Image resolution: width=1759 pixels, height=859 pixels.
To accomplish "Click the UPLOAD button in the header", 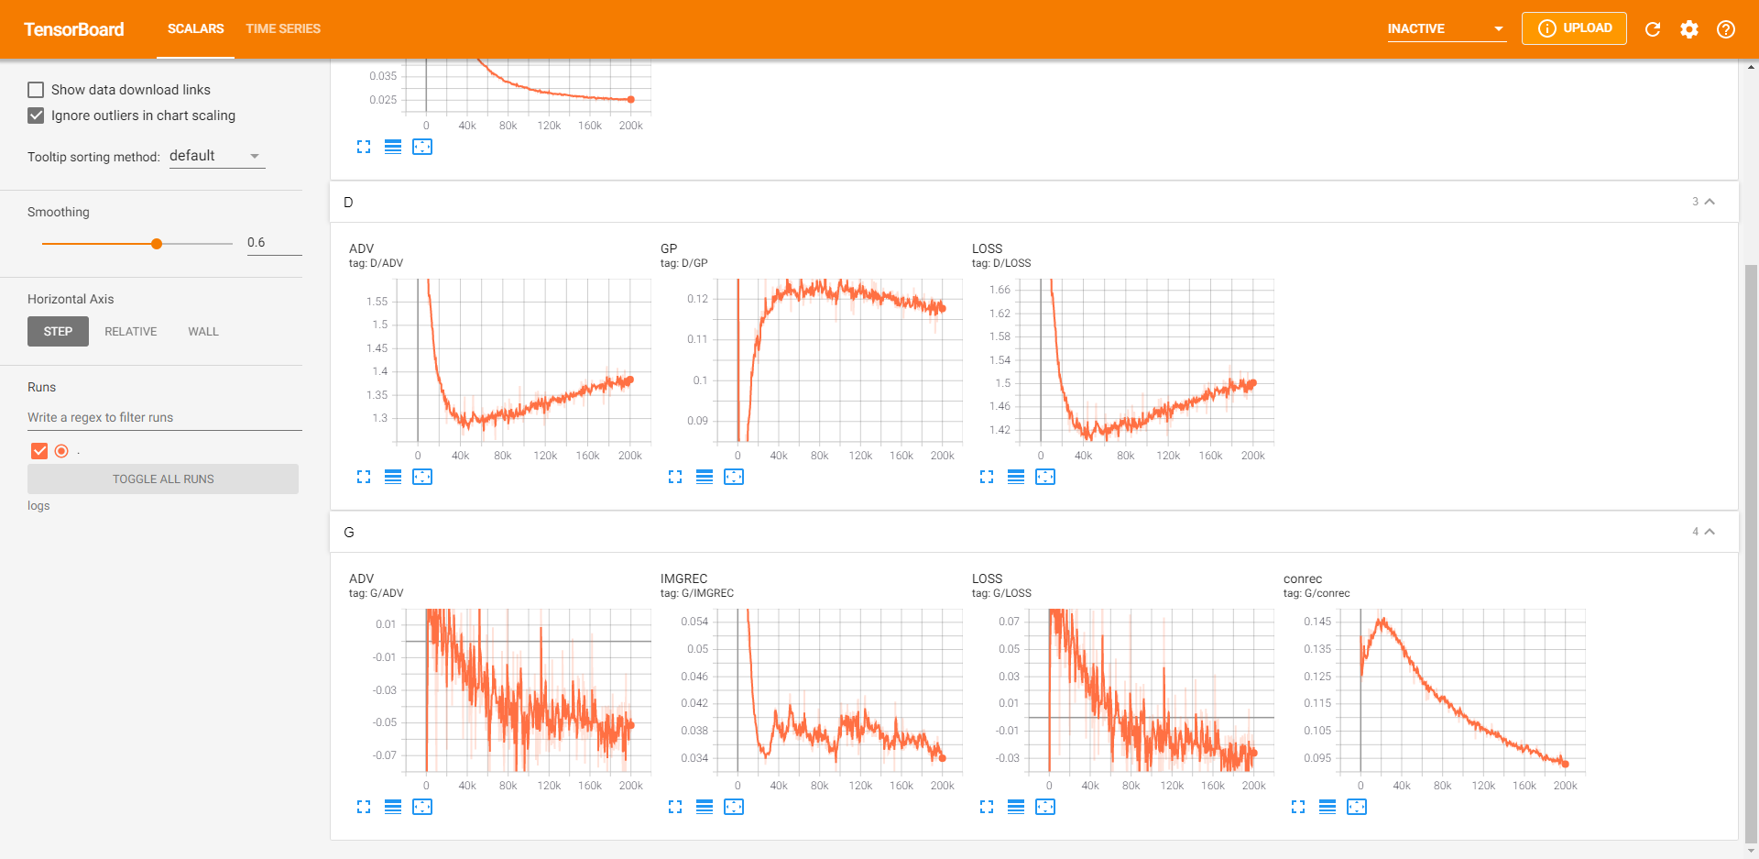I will (1574, 28).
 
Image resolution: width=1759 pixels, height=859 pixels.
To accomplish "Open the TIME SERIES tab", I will (283, 28).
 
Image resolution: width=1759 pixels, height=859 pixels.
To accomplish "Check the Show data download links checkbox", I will (36, 90).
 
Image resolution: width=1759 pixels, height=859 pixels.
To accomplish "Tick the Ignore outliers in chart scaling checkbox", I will (36, 116).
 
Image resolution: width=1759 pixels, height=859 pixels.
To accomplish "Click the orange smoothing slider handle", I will (157, 244).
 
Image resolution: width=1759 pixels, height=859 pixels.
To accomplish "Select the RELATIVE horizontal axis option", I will (130, 332).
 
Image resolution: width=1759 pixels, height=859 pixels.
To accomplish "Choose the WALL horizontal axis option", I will (203, 332).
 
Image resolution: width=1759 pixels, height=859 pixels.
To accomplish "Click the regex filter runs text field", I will (164, 417).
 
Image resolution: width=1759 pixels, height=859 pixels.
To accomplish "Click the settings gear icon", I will (1689, 29).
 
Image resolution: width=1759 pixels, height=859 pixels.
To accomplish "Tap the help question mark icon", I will (1726, 29).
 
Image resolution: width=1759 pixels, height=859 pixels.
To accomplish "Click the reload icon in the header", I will (1653, 29).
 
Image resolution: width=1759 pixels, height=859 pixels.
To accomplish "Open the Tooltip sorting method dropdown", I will (217, 156).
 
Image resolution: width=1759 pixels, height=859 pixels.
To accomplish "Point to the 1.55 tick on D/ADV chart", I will (377, 302).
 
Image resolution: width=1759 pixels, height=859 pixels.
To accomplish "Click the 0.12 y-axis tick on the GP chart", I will (697, 299).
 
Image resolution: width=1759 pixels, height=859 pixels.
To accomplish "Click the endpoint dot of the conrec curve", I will (1565, 764).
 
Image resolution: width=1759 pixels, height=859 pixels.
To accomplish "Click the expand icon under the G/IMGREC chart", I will (675, 807).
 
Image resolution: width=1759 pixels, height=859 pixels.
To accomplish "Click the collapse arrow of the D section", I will (1710, 202).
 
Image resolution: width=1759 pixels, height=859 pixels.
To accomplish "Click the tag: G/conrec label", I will (1317, 593).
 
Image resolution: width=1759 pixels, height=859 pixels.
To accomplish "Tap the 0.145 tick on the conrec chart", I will (1317, 622).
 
